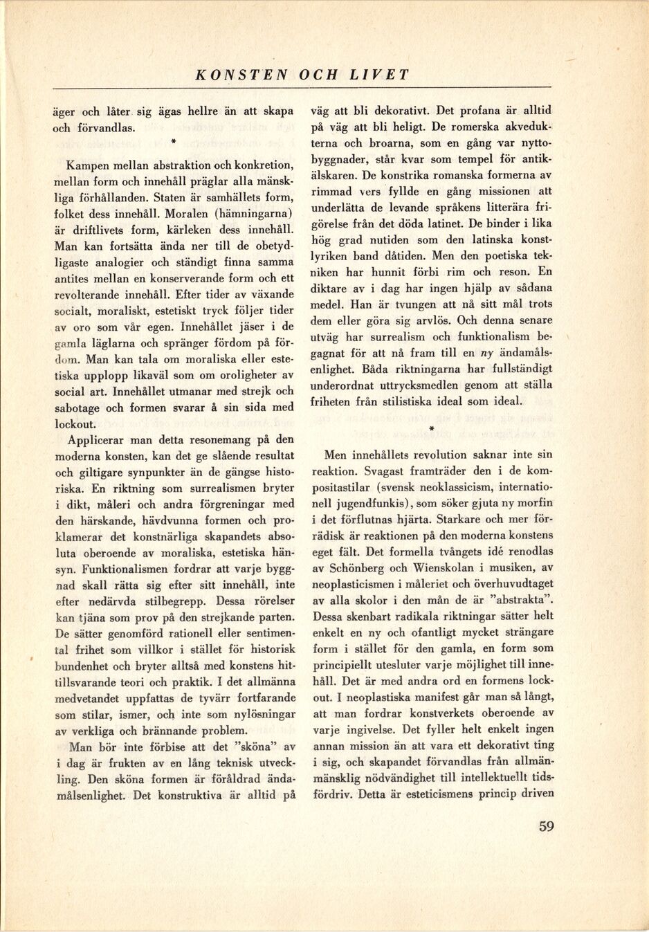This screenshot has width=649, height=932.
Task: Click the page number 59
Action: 546,826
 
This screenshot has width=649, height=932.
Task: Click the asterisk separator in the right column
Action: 431,428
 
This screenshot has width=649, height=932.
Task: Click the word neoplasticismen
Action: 354,584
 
